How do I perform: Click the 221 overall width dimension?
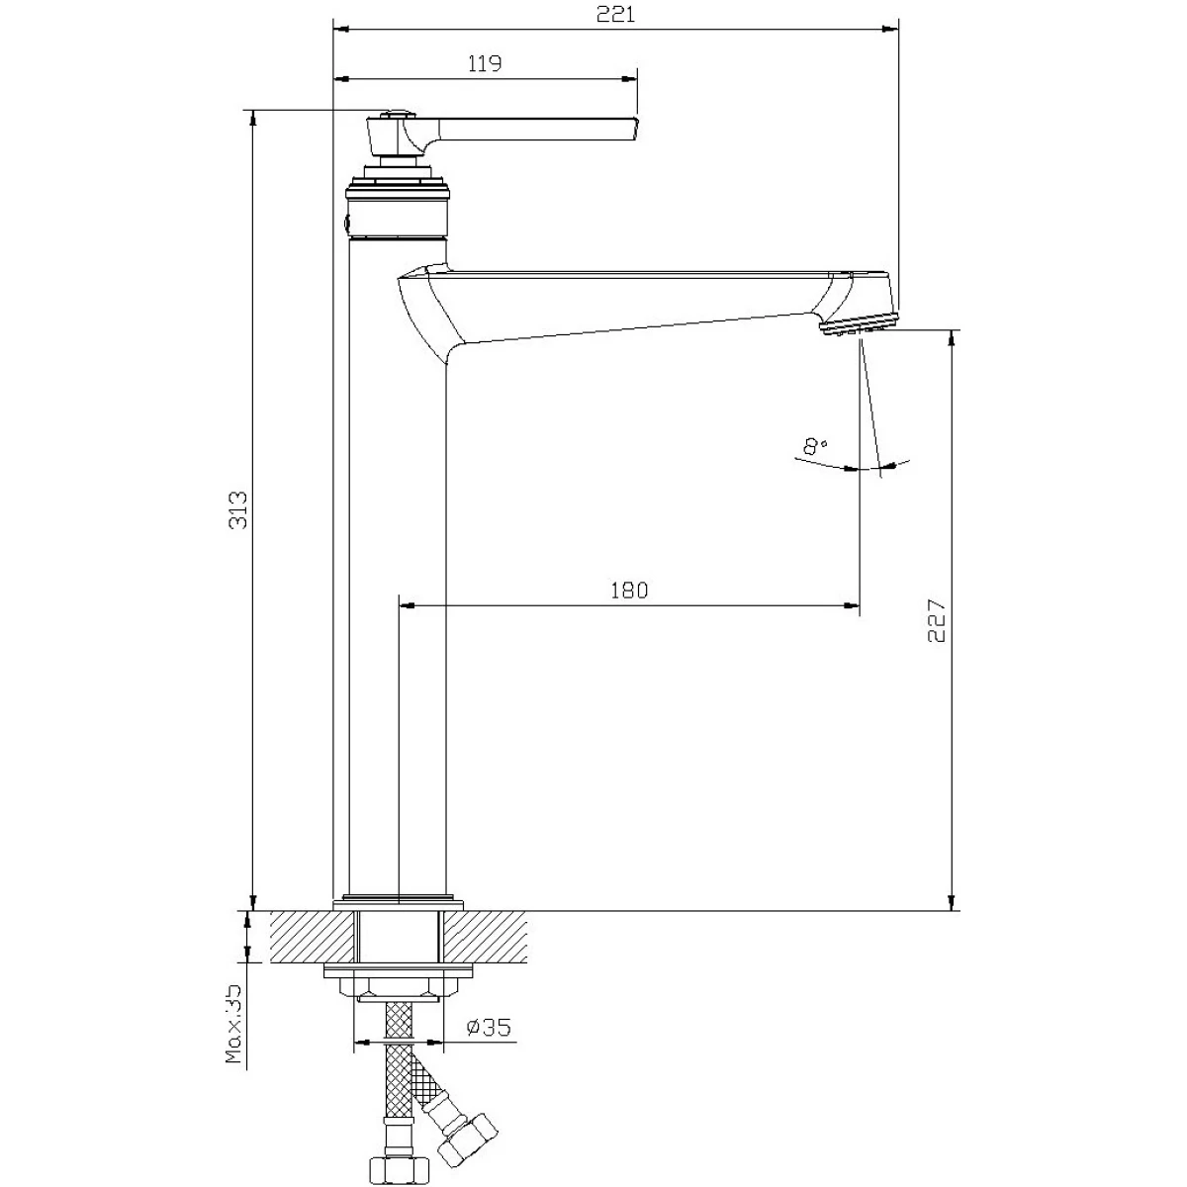615,14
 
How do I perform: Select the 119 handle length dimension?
485,63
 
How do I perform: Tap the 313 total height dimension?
237,510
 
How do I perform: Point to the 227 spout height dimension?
936,620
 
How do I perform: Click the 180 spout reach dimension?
629,591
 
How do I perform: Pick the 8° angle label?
815,446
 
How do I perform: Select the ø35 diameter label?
489,1027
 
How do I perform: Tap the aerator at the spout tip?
860,323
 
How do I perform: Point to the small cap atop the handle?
398,114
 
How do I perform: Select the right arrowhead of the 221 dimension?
890,29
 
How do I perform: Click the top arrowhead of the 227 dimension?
953,339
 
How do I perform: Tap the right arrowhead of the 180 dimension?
851,605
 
